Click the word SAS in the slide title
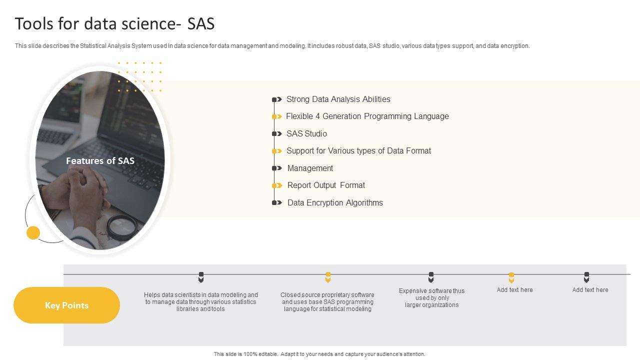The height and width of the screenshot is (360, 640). pyautogui.click(x=201, y=24)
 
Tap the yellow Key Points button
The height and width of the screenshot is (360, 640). pyautogui.click(x=66, y=305)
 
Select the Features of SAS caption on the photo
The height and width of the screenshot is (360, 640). pyautogui.click(x=100, y=160)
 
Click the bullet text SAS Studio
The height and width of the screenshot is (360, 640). pyautogui.click(x=306, y=133)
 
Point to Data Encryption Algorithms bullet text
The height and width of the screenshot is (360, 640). pyautogui.click(x=335, y=202)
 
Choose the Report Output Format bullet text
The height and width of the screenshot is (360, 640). pyautogui.click(x=326, y=185)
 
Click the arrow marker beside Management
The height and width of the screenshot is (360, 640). pyautogui.click(x=277, y=168)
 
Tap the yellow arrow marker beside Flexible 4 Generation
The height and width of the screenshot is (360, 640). pyautogui.click(x=277, y=116)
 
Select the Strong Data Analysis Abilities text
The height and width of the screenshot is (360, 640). pyautogui.click(x=338, y=99)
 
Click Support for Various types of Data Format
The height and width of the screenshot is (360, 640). pyautogui.click(x=358, y=150)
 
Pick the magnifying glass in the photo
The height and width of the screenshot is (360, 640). pyautogui.click(x=122, y=226)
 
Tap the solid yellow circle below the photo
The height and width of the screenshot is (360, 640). pyautogui.click(x=33, y=232)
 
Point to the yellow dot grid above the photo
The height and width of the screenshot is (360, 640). pyautogui.click(x=139, y=76)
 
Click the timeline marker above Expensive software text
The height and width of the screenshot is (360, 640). pyautogui.click(x=431, y=277)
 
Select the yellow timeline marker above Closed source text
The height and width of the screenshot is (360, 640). pyautogui.click(x=328, y=277)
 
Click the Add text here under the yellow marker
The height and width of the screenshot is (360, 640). pyautogui.click(x=514, y=290)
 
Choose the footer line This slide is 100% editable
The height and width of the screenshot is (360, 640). pyautogui.click(x=319, y=354)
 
